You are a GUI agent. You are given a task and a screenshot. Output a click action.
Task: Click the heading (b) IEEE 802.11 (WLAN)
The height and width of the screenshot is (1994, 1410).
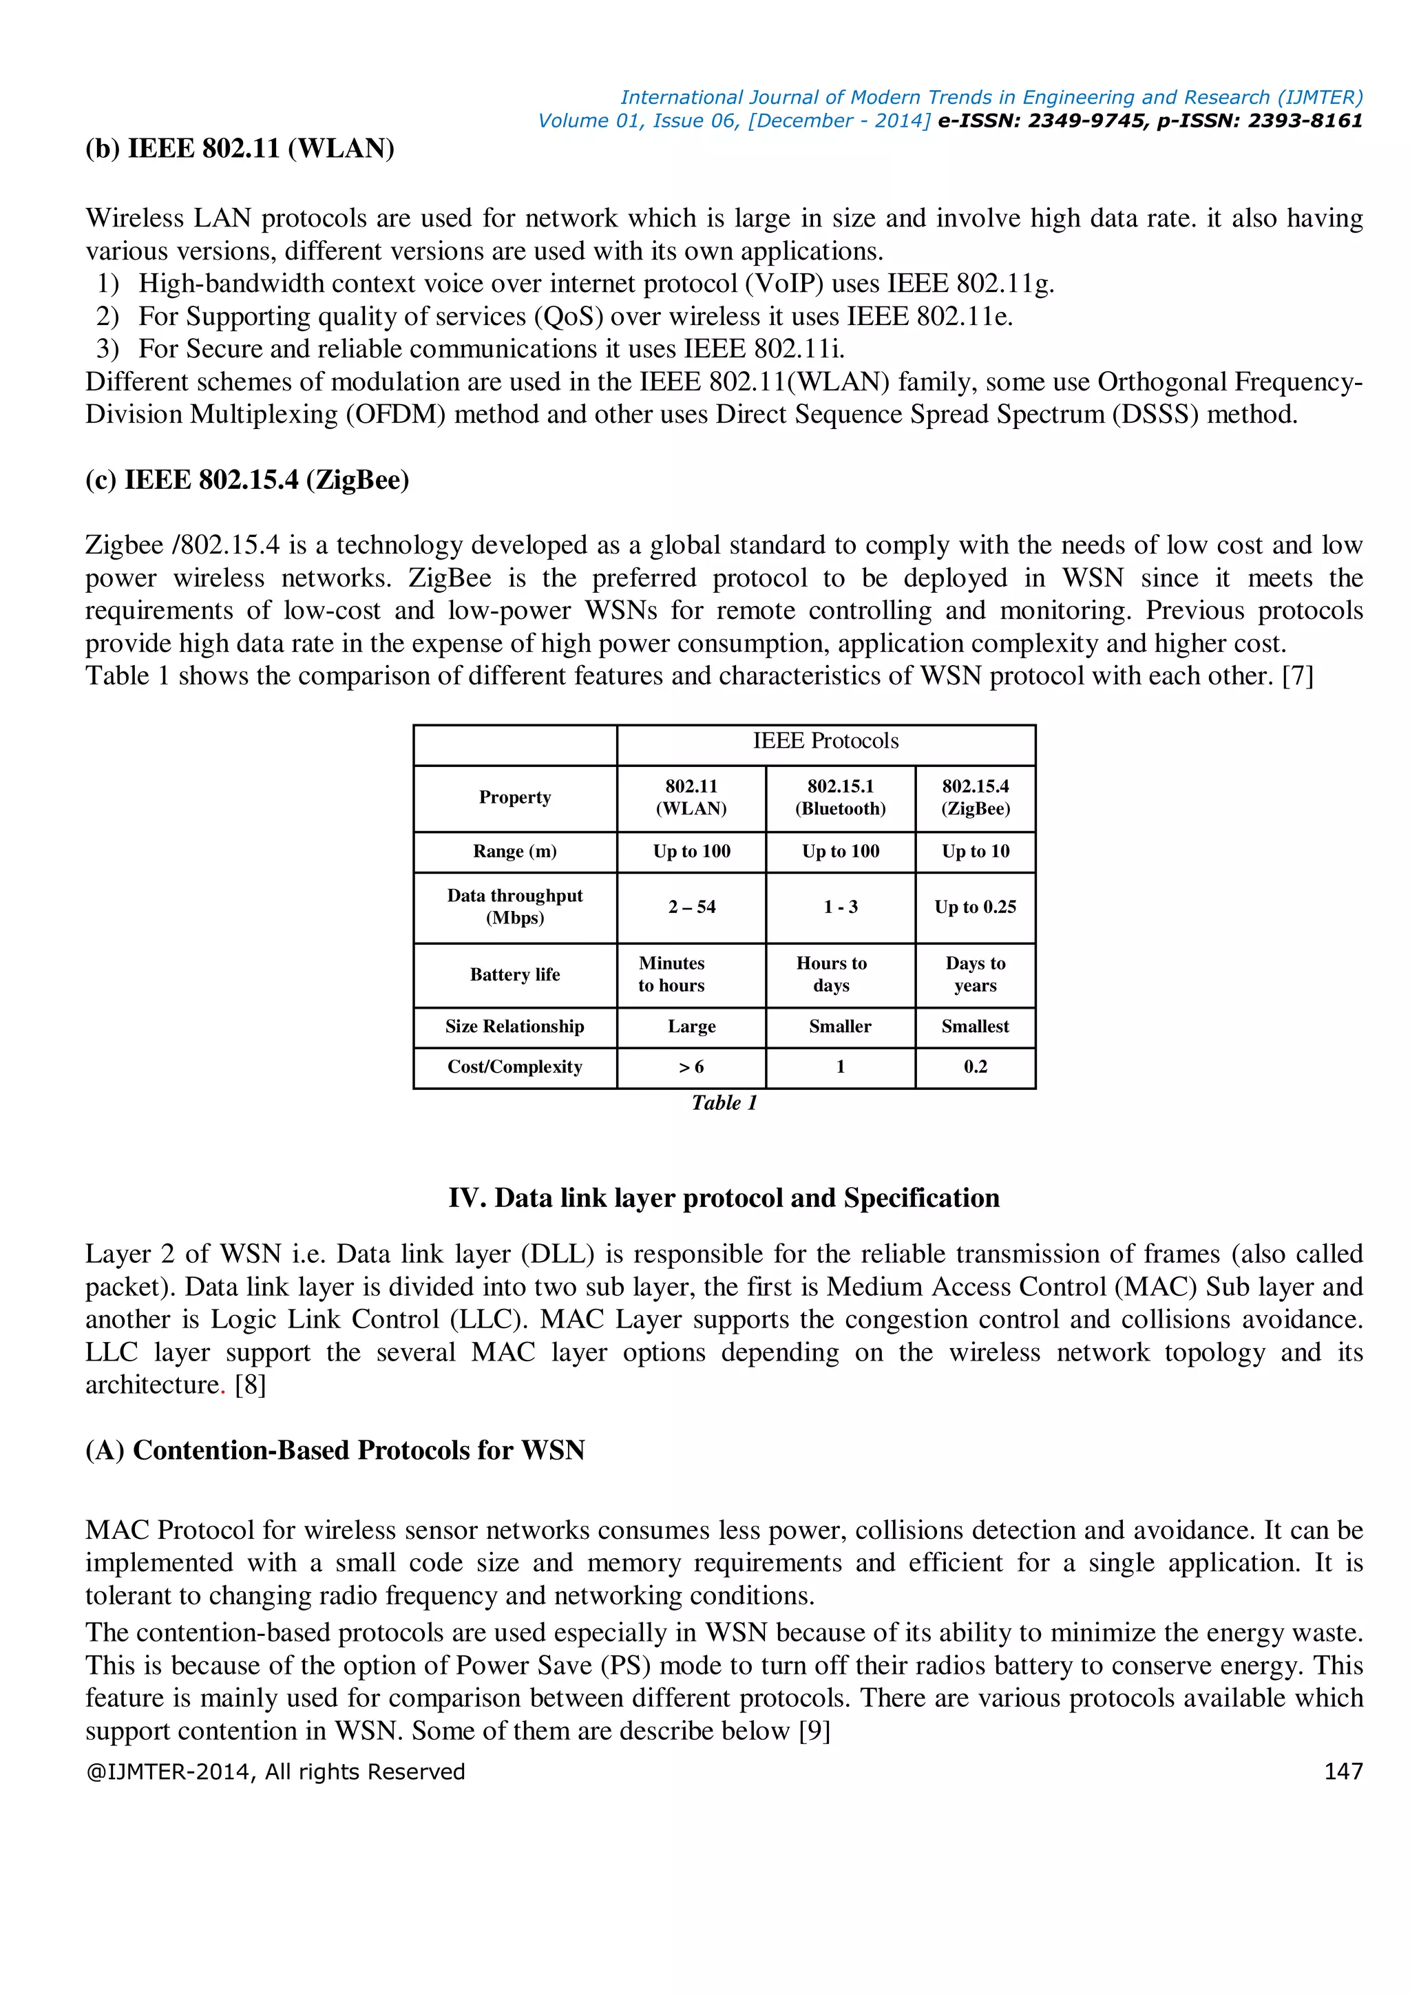(240, 149)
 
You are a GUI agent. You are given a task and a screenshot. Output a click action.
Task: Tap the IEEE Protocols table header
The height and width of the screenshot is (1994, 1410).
(825, 741)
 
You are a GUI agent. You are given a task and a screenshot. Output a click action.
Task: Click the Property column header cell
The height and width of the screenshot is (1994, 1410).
(515, 797)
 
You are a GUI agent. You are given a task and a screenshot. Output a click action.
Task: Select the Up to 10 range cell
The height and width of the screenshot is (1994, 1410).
(975, 851)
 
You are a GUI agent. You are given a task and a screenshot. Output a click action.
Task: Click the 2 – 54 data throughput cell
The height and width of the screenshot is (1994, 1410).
(691, 907)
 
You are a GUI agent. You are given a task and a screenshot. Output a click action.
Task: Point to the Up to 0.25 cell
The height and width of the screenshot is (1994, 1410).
(975, 907)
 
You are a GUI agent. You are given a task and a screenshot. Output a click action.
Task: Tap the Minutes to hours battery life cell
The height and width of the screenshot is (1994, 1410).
(671, 974)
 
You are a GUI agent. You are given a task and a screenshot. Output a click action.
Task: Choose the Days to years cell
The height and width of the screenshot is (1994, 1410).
(975, 974)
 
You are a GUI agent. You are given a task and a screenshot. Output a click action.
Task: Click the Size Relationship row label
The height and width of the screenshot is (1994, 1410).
(515, 1027)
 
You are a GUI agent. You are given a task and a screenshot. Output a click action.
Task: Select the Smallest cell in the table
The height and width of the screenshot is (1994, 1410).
(975, 1027)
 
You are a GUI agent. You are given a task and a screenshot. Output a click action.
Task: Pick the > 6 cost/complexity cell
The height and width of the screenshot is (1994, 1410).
(691, 1067)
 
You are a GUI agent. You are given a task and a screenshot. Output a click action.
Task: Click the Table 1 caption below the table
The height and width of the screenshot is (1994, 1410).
(724, 1103)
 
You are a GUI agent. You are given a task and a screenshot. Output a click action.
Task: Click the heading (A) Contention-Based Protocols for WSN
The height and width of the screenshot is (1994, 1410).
(335, 1449)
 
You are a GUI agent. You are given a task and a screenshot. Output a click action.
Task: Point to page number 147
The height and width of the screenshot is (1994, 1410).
(1343, 1772)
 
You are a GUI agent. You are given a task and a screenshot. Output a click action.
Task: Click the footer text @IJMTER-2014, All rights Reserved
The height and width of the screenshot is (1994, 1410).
(275, 1772)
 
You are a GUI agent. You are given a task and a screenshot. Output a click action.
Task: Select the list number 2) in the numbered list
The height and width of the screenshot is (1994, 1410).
(107, 316)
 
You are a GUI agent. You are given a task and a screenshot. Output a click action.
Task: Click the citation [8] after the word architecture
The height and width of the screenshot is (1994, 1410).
(250, 1385)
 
